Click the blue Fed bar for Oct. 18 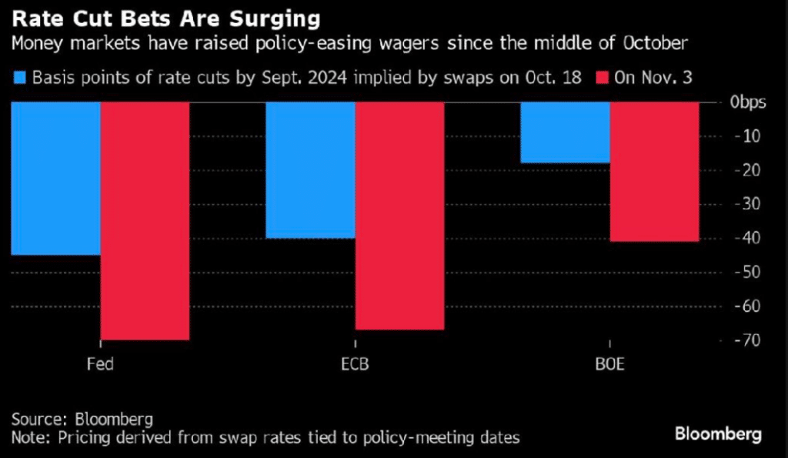click(56, 178)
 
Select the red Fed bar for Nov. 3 click(145, 220)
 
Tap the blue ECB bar click(310, 169)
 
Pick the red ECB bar click(399, 216)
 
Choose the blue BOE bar click(566, 132)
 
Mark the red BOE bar click(654, 172)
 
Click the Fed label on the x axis click(101, 364)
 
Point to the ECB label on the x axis click(355, 364)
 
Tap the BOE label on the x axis click(609, 364)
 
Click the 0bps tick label click(747, 102)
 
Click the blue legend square click(19, 77)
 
